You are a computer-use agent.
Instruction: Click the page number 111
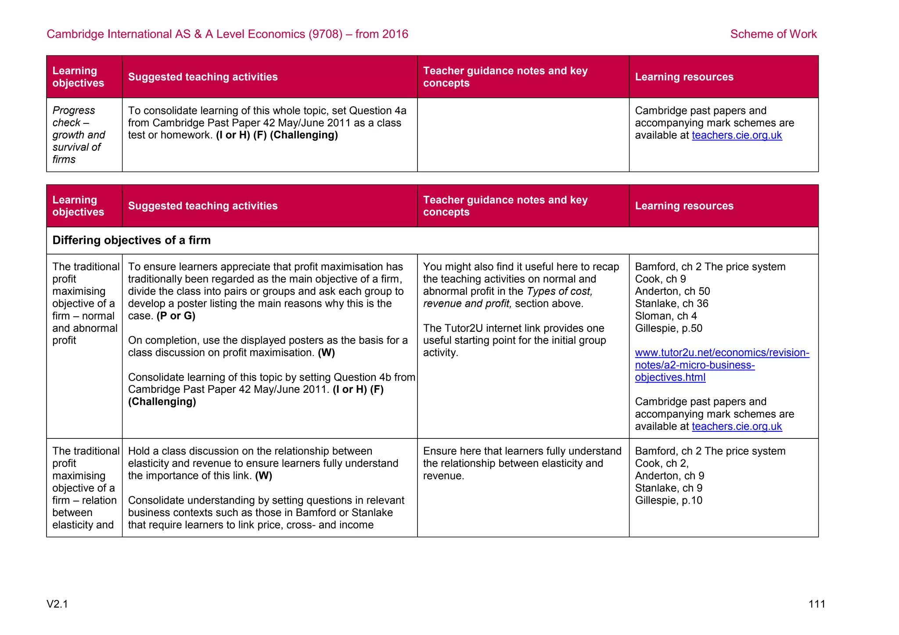tap(816, 604)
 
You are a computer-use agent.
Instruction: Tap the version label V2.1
tap(57, 604)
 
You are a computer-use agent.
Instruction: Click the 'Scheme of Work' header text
tap(773, 34)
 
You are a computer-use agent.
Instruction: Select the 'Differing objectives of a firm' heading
tap(131, 240)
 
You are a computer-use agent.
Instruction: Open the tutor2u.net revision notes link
tap(722, 365)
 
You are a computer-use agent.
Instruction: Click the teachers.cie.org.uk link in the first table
tap(737, 135)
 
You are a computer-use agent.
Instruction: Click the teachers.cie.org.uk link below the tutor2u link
tap(737, 426)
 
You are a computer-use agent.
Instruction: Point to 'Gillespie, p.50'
tap(668, 328)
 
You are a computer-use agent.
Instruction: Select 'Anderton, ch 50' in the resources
tap(672, 291)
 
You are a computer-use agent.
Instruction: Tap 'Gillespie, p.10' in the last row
tap(668, 500)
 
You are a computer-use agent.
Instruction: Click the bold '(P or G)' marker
tap(176, 316)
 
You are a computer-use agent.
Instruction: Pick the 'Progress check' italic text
tap(73, 116)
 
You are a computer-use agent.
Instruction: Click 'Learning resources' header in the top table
tap(684, 77)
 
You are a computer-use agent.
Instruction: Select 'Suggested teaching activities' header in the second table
tap(203, 206)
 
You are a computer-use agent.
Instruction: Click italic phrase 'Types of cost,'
tap(559, 291)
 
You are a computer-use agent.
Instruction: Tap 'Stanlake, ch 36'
tap(671, 304)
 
